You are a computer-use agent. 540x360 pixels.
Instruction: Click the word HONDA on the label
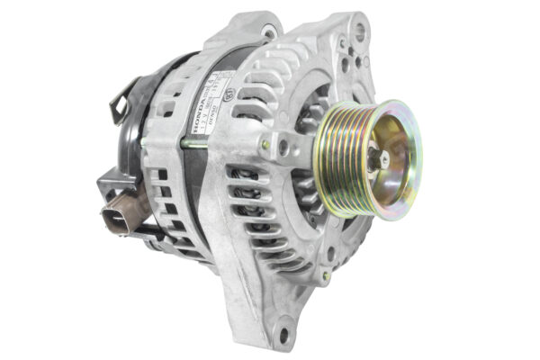(x=196, y=105)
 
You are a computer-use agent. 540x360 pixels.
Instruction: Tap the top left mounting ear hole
(x=267, y=32)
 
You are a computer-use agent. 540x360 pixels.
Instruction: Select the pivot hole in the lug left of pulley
(x=286, y=143)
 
